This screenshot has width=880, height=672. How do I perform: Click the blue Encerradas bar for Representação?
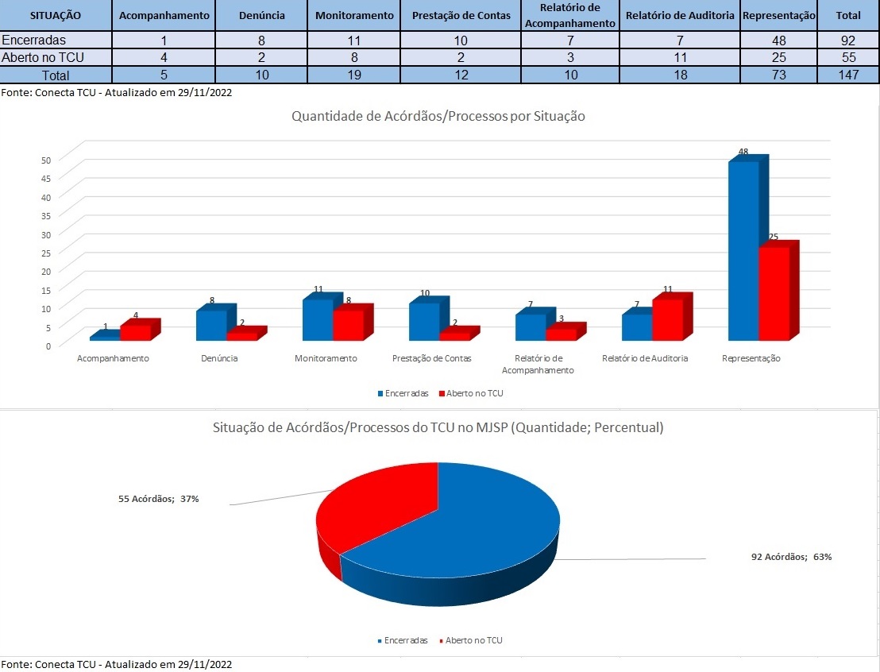coord(743,250)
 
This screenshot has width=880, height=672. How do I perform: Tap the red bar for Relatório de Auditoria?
coord(667,319)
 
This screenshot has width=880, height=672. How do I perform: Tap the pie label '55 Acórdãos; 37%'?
coord(158,499)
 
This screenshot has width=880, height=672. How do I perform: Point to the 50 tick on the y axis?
coord(46,160)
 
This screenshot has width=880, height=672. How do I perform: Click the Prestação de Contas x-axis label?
coord(431,358)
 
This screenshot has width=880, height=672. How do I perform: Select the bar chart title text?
coord(438,116)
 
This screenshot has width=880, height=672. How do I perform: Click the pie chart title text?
coord(438,427)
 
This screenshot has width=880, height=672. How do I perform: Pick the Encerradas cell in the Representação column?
coord(779,41)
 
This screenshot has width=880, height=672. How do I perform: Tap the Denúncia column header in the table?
coord(262,15)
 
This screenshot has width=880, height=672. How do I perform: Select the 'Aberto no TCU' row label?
coord(44,57)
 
